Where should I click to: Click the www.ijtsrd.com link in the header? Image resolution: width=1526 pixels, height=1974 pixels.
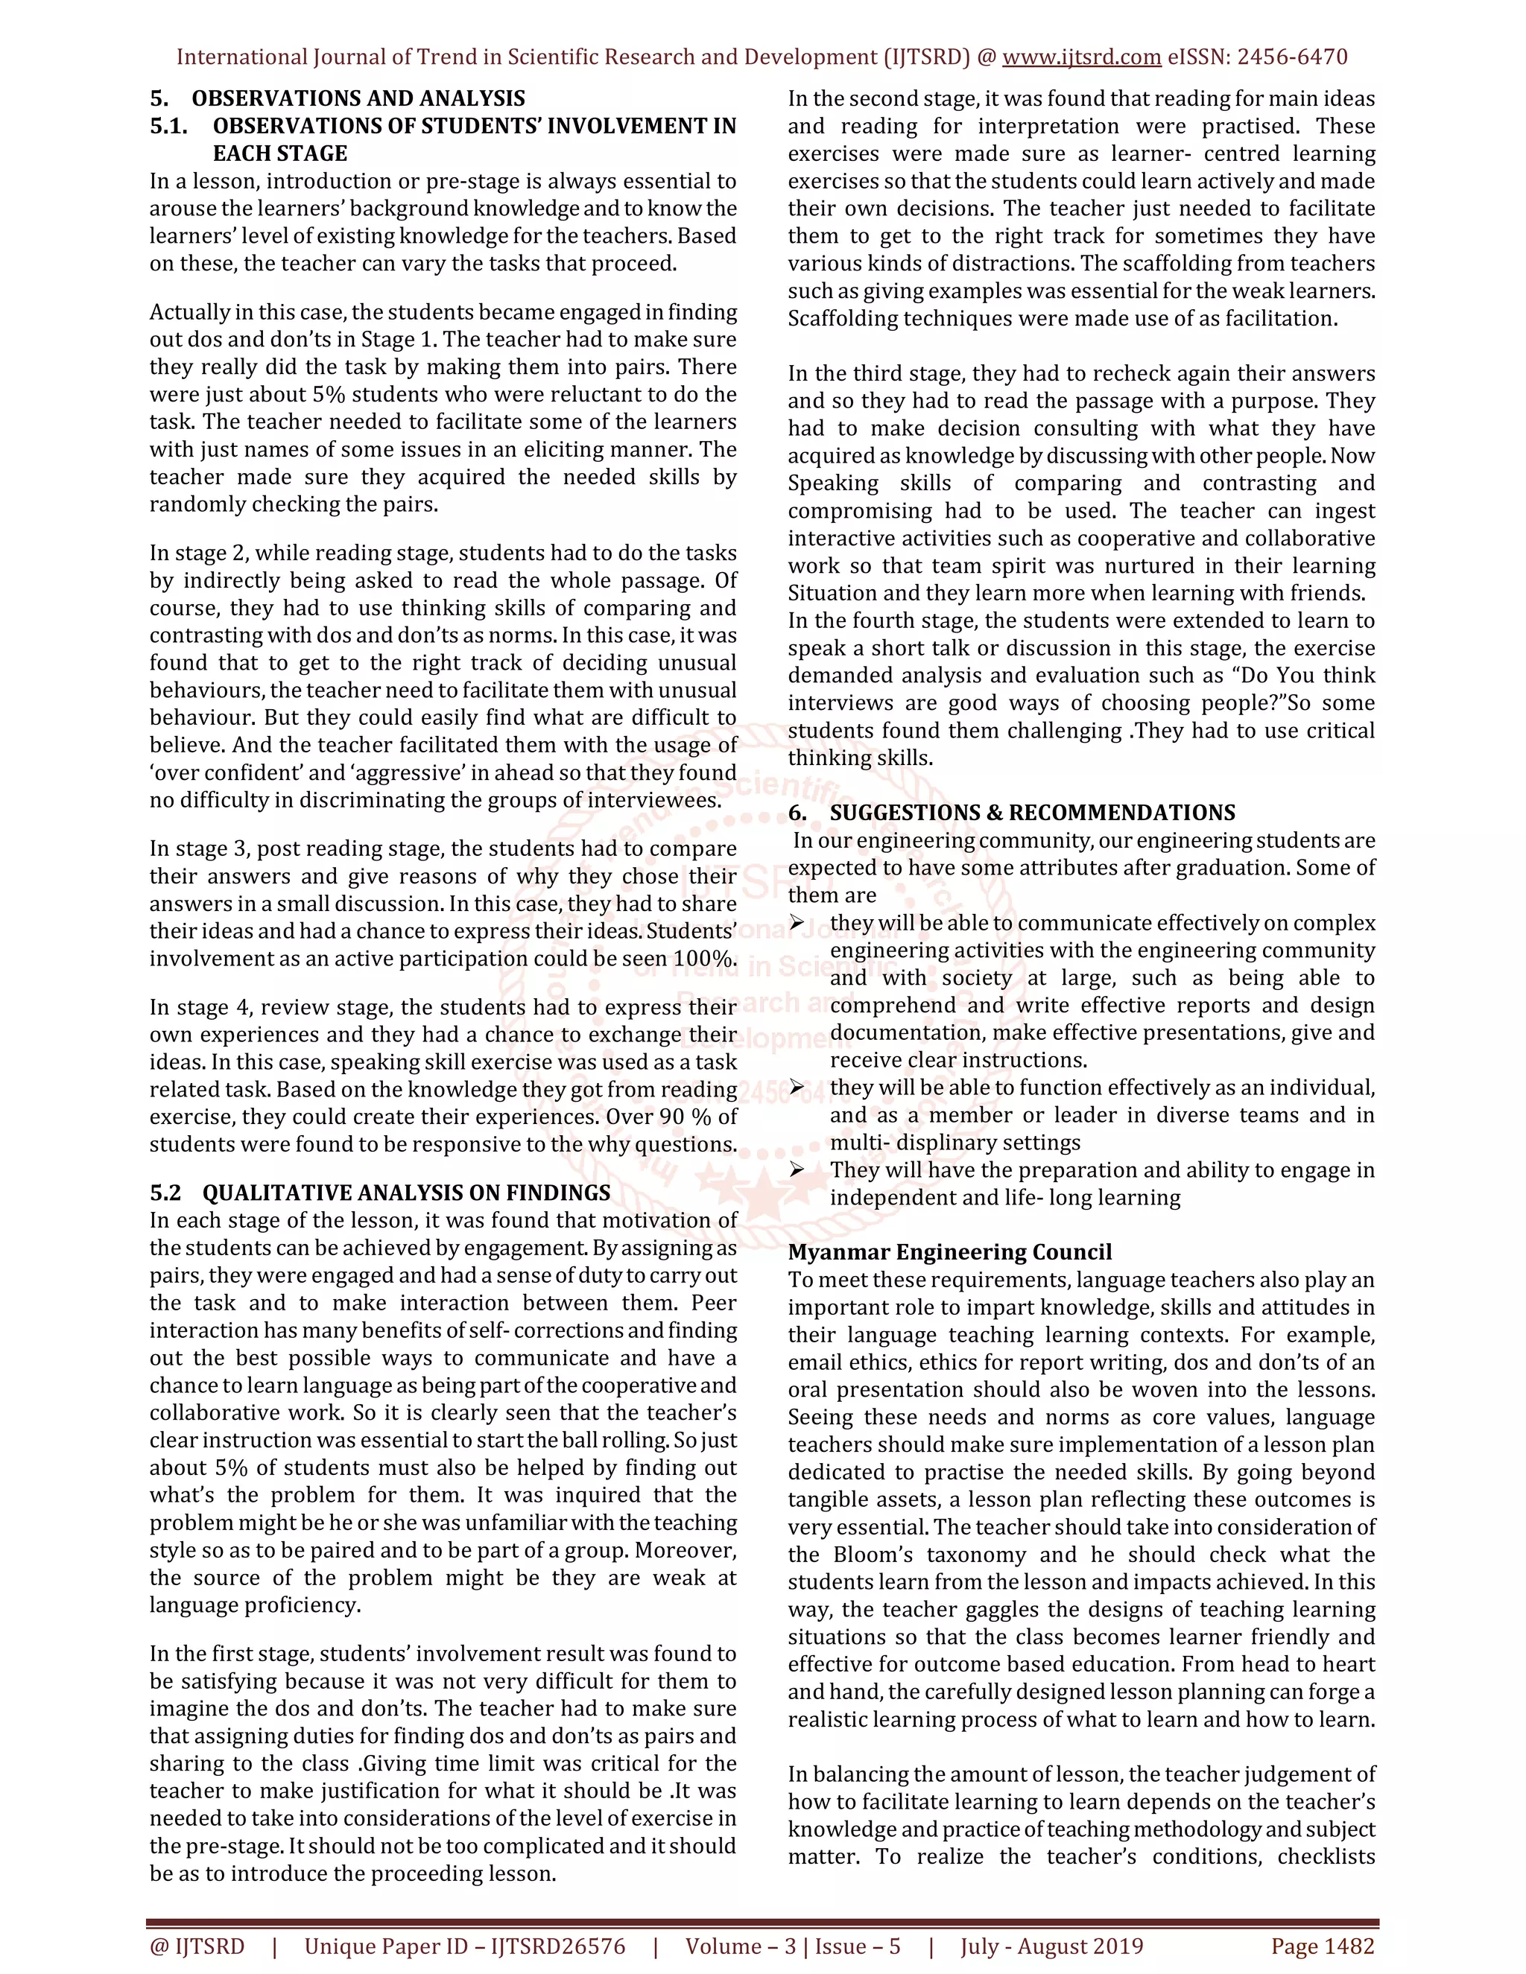(1081, 57)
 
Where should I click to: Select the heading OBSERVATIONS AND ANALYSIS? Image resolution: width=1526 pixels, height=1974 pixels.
(358, 98)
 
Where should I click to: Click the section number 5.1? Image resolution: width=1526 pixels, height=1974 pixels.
(169, 126)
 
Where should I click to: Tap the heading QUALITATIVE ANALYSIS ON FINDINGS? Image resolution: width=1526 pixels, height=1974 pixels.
(406, 1192)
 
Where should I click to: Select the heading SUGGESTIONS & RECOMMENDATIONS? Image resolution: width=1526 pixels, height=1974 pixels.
(1033, 813)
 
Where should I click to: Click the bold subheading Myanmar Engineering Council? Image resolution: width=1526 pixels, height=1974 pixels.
(949, 1252)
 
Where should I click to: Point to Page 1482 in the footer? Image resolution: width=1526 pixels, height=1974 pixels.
(1322, 1946)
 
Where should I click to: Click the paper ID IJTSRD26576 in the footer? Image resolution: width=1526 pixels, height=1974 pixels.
(558, 1946)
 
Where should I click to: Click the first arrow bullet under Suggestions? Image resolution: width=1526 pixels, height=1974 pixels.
(797, 923)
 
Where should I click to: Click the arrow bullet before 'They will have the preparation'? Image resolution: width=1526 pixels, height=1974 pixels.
(797, 1170)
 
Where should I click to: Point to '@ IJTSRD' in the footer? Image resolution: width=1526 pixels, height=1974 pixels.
(197, 1946)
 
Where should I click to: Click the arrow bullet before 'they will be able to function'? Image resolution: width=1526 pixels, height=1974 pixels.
(797, 1088)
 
